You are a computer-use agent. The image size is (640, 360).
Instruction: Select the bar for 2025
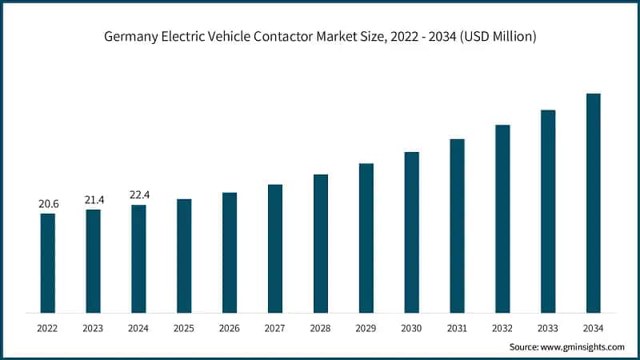click(x=184, y=255)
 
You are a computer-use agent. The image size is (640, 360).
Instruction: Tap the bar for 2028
click(x=321, y=243)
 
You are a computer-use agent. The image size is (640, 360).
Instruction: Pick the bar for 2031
click(x=457, y=226)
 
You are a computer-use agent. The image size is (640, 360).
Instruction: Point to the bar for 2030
click(x=411, y=232)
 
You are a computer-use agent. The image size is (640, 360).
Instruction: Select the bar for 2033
click(x=548, y=211)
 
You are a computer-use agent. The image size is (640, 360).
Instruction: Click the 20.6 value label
click(x=48, y=205)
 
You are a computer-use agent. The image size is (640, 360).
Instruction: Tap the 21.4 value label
click(x=94, y=199)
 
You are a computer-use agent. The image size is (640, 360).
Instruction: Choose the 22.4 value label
click(x=139, y=195)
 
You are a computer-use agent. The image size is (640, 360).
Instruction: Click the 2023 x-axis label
click(x=94, y=328)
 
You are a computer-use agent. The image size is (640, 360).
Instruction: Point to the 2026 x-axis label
click(x=230, y=328)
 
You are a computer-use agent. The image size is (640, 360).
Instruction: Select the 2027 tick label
click(x=275, y=328)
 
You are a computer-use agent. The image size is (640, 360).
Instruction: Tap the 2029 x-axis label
click(x=366, y=328)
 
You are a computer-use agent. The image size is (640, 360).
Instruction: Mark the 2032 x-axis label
click(x=502, y=328)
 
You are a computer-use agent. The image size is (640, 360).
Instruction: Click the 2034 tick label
click(x=594, y=328)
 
